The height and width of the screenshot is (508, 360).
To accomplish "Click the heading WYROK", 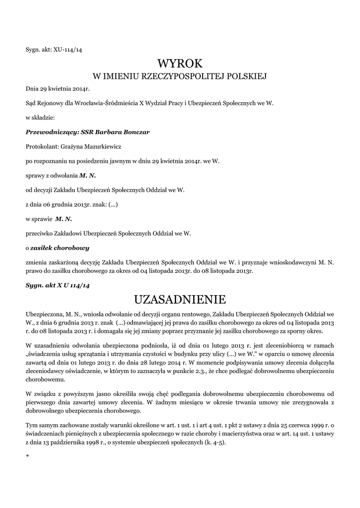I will click(x=180, y=64).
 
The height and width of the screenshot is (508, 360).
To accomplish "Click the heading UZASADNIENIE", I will click(x=180, y=300).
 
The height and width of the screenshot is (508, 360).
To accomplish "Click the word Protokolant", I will click(x=41, y=146).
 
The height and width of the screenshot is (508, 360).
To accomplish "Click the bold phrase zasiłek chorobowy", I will click(x=60, y=247).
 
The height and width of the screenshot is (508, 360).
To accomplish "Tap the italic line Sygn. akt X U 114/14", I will click(x=58, y=286).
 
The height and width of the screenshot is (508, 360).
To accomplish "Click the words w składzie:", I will click(x=40, y=118).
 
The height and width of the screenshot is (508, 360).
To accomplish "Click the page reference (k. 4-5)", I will click(x=213, y=443).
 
